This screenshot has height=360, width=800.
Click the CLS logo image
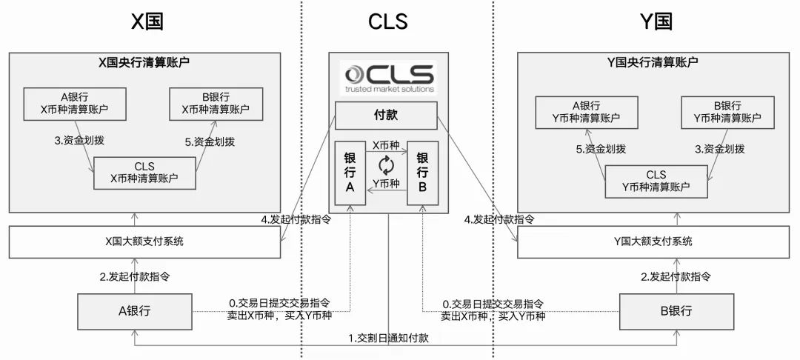coord(388,77)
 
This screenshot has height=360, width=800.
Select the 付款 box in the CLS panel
coord(387,116)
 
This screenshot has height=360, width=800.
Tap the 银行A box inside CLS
coord(350,172)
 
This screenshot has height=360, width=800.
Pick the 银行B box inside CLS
coord(422,172)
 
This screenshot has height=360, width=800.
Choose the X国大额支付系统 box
coord(144,241)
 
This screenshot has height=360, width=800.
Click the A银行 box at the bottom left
coord(136,311)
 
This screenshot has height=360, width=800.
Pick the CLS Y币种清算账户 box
coord(656,181)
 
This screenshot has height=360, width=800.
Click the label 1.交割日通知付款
coord(388,338)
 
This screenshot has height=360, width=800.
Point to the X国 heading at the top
coord(147,21)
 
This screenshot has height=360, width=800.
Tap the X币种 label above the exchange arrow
coord(386,145)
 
